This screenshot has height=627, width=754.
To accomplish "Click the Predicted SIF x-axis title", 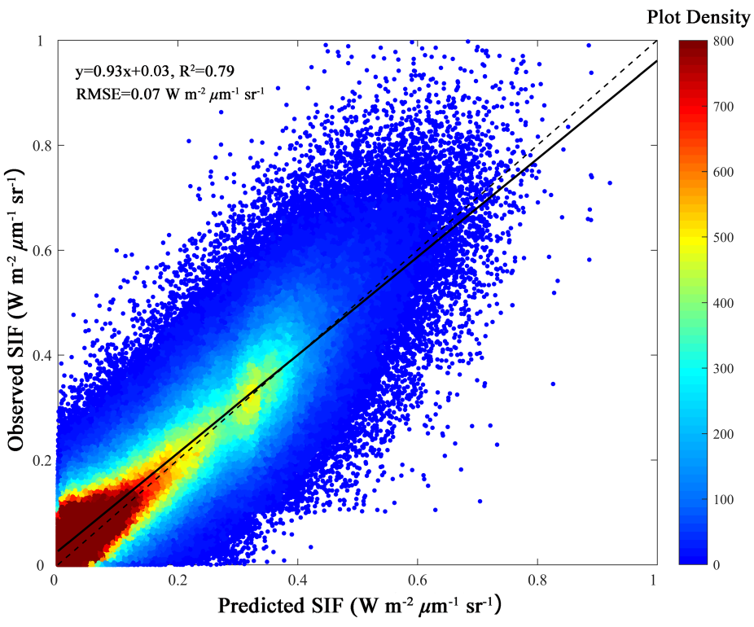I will point(357,607).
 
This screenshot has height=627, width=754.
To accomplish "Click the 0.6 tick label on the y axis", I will point(37,250).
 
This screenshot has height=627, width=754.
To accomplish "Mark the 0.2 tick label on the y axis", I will point(37,460).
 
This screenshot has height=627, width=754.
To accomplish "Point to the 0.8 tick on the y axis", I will point(37,146).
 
